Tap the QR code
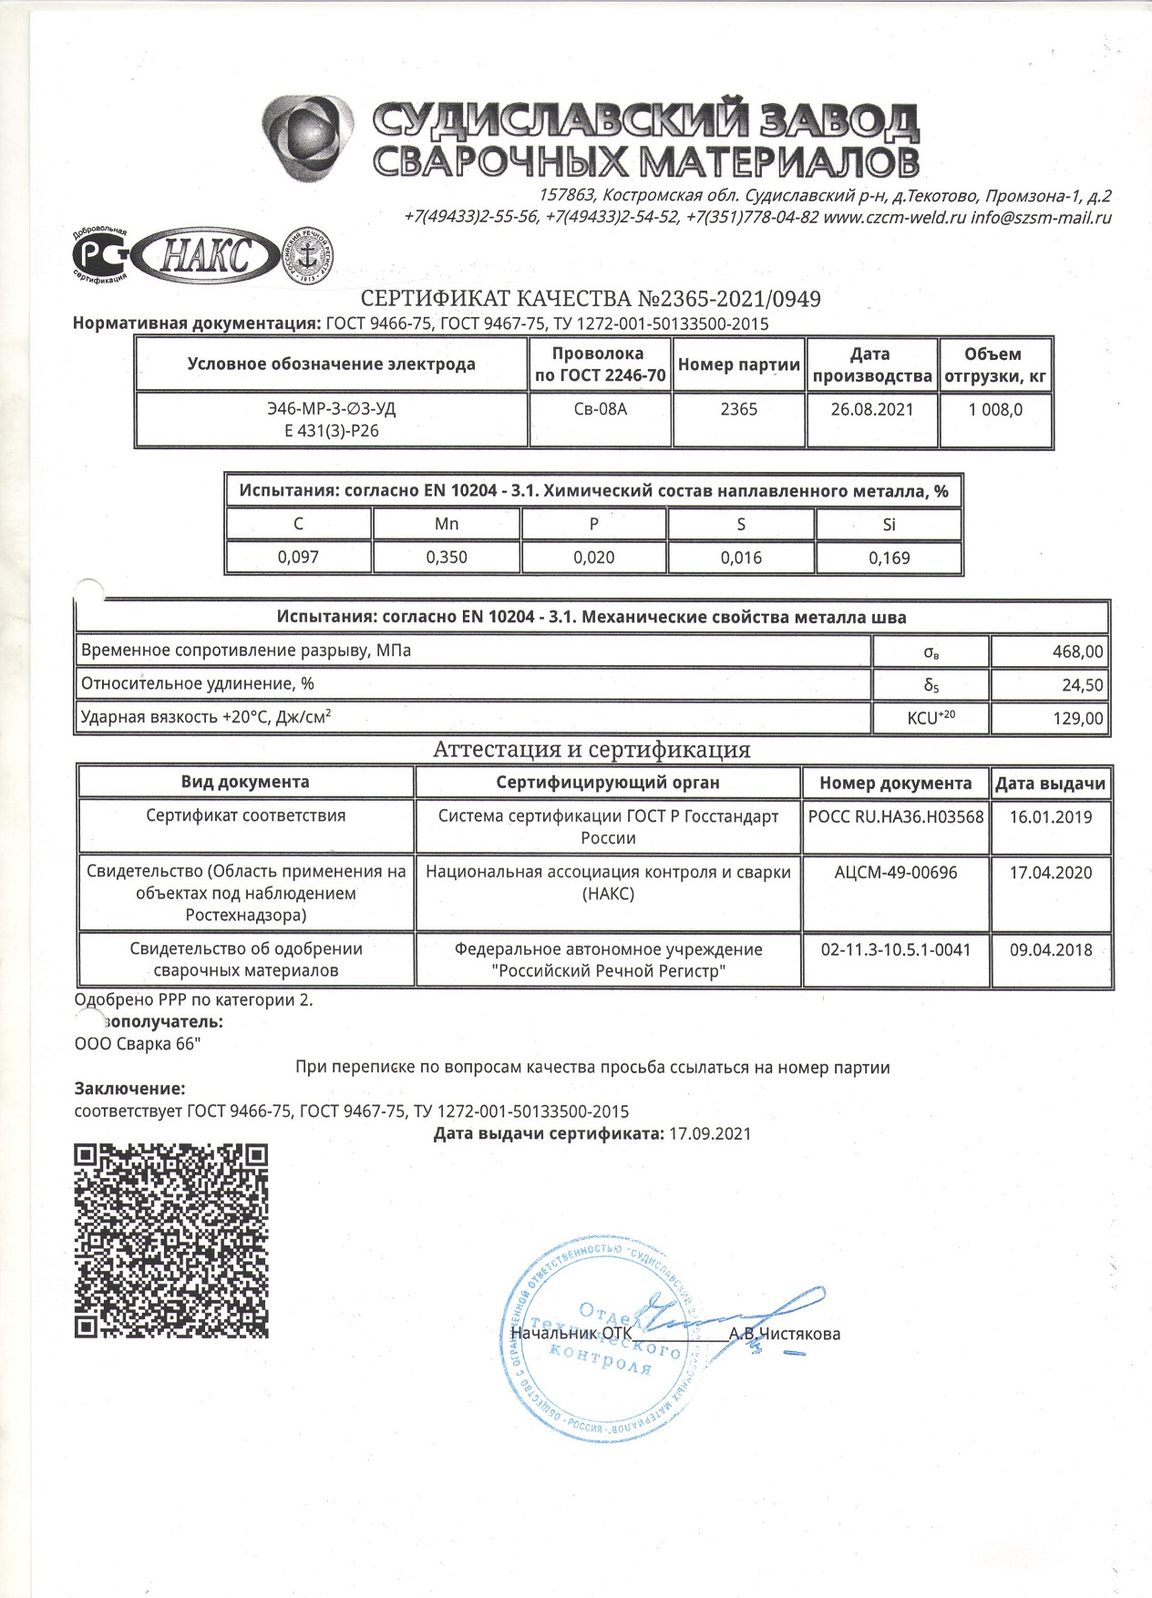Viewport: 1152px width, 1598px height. coord(170,1241)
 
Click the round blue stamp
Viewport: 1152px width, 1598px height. coord(603,1337)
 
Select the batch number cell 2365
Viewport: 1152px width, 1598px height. coord(738,410)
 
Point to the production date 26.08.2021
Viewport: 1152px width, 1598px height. coord(871,410)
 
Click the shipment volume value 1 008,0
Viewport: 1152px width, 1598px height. coord(995,410)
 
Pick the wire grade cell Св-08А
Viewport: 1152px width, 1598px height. coord(601,410)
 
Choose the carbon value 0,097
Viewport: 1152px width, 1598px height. coord(298,558)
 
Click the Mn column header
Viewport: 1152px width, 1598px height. coord(447,524)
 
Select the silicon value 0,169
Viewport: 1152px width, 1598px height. coord(889,558)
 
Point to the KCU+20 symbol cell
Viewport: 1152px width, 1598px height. coord(931,718)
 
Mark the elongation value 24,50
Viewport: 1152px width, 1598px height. coord(1082,685)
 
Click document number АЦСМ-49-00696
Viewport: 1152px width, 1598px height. coord(896,873)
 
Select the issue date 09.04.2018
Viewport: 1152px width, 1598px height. coord(1051,950)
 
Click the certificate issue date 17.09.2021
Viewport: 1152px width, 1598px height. coord(710,1134)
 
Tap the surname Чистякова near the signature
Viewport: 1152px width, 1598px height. coord(799,1335)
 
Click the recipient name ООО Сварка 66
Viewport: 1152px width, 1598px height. coord(138,1044)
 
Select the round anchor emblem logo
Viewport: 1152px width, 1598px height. coord(309,256)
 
